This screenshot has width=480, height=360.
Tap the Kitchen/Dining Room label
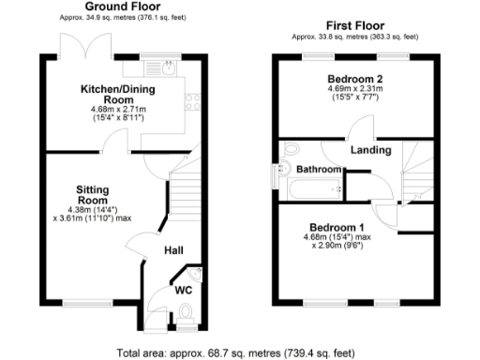pos(106,92)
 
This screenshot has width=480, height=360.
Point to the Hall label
pos(173,250)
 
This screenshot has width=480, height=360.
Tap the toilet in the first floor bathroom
pos(290,150)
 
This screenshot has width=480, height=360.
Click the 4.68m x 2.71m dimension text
pos(106,109)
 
